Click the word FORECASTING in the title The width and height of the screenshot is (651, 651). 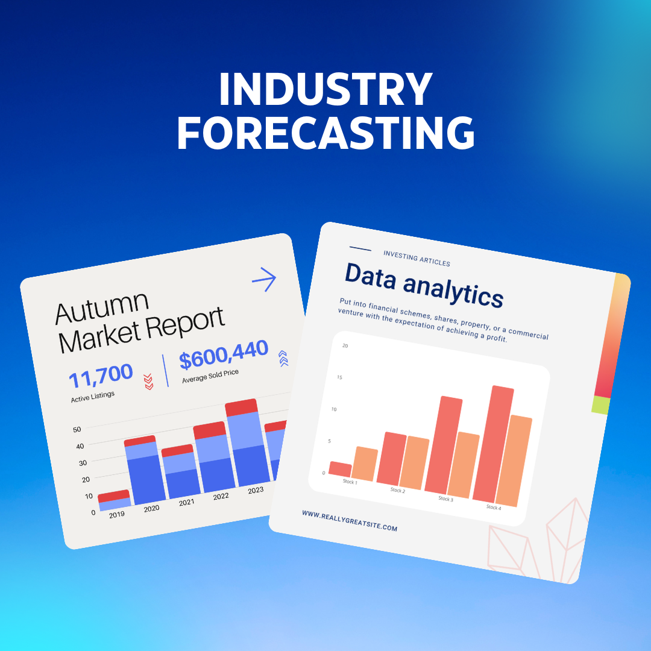325,133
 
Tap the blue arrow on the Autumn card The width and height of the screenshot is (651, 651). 263,280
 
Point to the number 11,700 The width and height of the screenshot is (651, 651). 101,377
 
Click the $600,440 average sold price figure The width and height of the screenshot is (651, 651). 224,356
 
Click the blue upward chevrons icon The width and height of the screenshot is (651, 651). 283,359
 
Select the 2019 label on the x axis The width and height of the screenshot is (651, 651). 117,515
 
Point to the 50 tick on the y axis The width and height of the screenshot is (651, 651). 77,430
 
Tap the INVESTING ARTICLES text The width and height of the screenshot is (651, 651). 417,259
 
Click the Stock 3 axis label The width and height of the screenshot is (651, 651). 445,498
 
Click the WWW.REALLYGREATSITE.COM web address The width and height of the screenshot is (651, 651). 350,521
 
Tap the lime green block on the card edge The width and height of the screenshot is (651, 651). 601,405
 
